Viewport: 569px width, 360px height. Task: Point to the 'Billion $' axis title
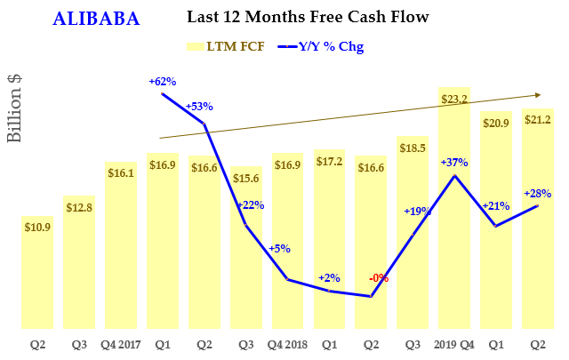click(x=15, y=108)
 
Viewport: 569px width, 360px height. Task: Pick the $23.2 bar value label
click(x=454, y=100)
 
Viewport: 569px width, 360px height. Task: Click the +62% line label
click(x=162, y=82)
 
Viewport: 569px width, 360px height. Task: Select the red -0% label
click(x=379, y=278)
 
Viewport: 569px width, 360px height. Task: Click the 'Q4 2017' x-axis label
click(x=120, y=344)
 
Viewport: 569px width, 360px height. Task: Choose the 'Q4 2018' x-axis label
click(x=288, y=344)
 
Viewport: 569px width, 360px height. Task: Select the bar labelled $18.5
click(x=413, y=240)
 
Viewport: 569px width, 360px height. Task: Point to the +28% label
click(x=538, y=193)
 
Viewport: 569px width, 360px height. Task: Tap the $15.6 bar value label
click(x=245, y=179)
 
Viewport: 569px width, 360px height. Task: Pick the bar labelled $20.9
click(x=496, y=222)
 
